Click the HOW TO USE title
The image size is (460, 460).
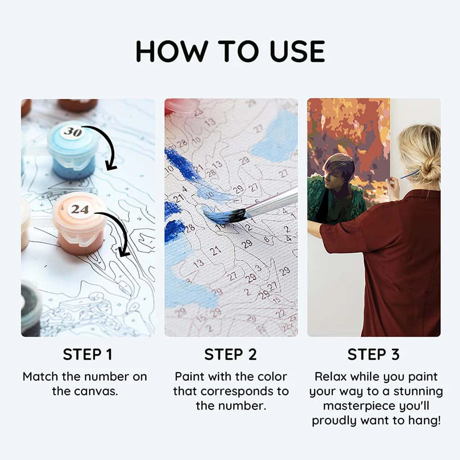[x=230, y=52]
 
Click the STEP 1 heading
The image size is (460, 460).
[x=88, y=354]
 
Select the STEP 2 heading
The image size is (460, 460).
[x=230, y=354]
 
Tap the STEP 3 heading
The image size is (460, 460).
[x=374, y=354]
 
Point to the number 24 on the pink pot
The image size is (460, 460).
[x=80, y=209]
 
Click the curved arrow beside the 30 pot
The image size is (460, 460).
[x=109, y=144]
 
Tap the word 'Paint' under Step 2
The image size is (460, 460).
[x=189, y=376]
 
